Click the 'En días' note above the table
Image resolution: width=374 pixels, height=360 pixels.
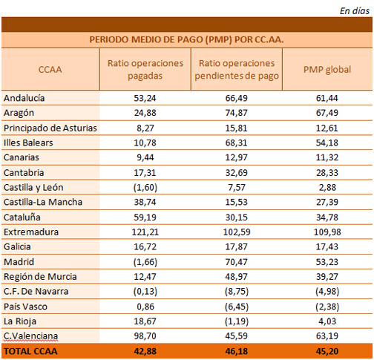pyautogui.click(x=355, y=11)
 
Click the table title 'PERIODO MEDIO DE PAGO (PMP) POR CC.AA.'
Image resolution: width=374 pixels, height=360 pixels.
pyautogui.click(x=186, y=39)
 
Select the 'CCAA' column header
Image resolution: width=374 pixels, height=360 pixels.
pyautogui.click(x=50, y=70)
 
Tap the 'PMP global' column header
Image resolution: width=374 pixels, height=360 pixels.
pyautogui.click(x=327, y=70)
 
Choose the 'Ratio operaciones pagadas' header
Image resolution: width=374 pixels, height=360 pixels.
pyautogui.click(x=145, y=70)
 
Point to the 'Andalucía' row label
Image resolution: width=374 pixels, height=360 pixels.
pyautogui.click(x=24, y=98)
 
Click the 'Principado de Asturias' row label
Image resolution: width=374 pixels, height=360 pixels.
pyautogui.click(x=50, y=128)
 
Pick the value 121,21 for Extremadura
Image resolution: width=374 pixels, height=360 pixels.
pyautogui.click(x=145, y=232)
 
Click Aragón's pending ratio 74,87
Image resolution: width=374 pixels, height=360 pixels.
pyautogui.click(x=236, y=113)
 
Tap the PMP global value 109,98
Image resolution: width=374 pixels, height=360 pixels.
pyautogui.click(x=327, y=232)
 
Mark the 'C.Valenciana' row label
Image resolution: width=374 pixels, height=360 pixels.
pyautogui.click(x=30, y=336)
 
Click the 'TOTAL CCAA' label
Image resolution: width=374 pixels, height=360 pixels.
pyautogui.click(x=30, y=351)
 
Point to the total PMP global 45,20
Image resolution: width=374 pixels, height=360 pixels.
pyautogui.click(x=327, y=351)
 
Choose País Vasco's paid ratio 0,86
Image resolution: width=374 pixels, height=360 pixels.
pyautogui.click(x=145, y=307)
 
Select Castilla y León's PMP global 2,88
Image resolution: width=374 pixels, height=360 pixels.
pyautogui.click(x=327, y=187)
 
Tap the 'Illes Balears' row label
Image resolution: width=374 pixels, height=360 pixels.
pyautogui.click(x=28, y=143)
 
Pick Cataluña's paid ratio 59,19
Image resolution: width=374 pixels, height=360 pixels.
pyautogui.click(x=145, y=217)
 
